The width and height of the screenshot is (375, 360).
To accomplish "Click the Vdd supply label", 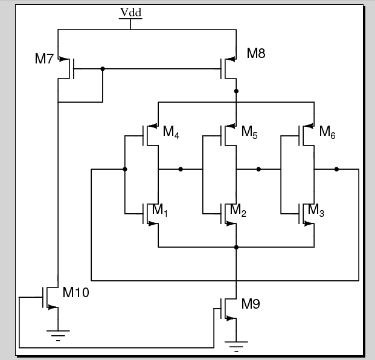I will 131,13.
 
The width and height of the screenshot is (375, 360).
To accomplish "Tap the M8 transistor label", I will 256,53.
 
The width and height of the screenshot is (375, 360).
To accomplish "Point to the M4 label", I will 171,132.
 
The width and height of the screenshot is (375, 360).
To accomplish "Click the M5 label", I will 249,132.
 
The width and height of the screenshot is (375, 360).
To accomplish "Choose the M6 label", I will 327,132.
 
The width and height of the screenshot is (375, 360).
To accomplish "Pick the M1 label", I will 160,210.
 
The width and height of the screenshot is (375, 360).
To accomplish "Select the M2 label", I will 238,210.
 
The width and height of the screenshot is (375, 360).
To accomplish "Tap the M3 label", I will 316,210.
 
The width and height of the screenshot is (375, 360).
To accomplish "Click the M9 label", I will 251,304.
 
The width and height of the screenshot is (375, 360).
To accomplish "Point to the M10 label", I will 76,293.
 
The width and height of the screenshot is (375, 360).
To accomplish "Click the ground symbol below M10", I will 58,334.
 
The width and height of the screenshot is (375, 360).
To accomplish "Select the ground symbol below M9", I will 236,346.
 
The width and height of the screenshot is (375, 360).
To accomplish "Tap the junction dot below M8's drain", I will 236,91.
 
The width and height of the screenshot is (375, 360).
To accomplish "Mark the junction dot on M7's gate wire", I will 103,69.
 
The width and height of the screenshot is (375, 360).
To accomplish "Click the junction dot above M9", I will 236,247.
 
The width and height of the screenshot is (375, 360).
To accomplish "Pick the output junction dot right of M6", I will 336,169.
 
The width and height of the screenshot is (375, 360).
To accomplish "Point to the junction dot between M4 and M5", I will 181,169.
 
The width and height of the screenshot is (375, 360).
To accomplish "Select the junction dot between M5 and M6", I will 258,169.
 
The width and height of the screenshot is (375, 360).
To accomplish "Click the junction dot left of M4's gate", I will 124,169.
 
